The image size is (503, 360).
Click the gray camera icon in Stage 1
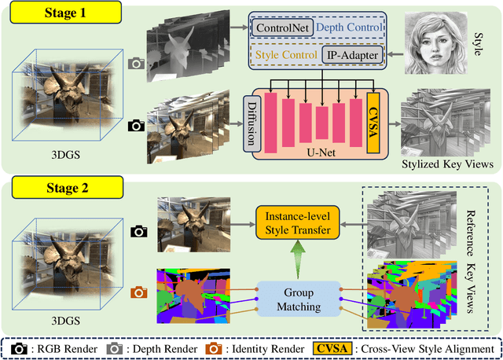click(138, 64)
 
